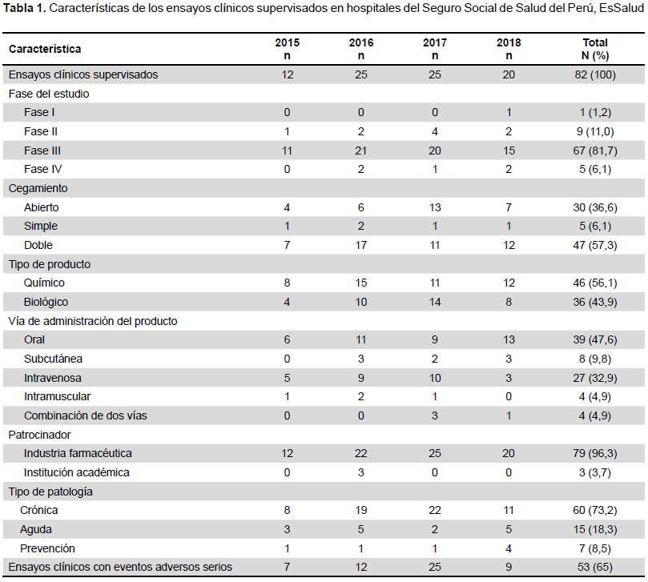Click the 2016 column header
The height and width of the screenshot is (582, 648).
(360, 49)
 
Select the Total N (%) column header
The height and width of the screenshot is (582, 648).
(595, 49)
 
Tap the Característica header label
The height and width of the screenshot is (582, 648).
(45, 49)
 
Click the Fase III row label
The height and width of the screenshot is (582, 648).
(42, 151)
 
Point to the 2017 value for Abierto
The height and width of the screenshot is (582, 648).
(435, 207)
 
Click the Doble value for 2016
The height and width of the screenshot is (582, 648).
(360, 245)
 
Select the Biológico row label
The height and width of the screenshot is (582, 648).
(46, 302)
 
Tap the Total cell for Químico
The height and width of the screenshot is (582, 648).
(595, 283)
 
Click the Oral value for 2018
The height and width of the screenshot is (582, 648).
(509, 339)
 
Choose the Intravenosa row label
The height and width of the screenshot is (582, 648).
(53, 378)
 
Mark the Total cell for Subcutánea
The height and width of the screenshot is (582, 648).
(595, 359)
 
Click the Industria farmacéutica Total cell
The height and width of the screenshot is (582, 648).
(595, 454)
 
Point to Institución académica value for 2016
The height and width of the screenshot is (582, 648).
(360, 472)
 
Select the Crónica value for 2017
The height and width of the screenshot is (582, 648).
(435, 511)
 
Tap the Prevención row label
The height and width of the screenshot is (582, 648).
(47, 548)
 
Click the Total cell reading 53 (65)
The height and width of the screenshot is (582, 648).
(595, 567)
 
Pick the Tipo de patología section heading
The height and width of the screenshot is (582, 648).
(50, 492)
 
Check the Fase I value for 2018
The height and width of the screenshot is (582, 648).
(509, 112)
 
